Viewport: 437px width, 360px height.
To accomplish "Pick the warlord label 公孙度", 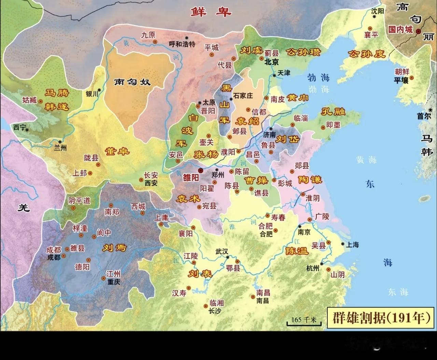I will click(x=366, y=54).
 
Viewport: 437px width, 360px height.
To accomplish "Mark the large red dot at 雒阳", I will click(x=201, y=170).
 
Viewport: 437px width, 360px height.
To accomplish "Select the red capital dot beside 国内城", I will click(x=419, y=31).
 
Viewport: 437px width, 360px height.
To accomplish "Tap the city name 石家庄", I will click(x=243, y=96).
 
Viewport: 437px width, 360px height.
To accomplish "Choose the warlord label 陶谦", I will click(x=310, y=179).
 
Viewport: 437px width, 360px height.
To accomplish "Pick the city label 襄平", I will click(x=371, y=35).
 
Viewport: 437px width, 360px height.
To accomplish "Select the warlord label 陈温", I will click(x=297, y=251).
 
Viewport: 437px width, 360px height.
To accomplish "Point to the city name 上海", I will click(x=352, y=245).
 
